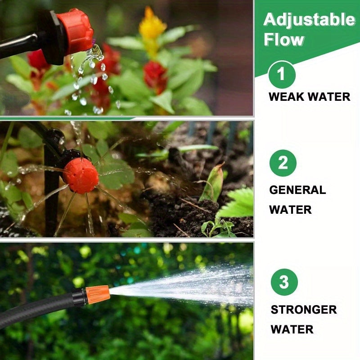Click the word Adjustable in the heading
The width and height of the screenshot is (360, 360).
(309, 20)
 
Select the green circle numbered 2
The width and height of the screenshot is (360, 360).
(283, 162)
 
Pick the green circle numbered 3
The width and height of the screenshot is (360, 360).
(284, 282)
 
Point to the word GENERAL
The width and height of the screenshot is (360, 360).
(297, 190)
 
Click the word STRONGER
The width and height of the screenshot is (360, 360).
(303, 310)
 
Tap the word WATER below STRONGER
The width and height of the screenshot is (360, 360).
(292, 329)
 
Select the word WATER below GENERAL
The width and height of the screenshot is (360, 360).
(290, 210)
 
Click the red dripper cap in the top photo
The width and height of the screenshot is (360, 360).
(76, 31)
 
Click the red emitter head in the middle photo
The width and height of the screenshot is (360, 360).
(81, 175)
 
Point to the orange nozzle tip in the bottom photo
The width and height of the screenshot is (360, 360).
(98, 294)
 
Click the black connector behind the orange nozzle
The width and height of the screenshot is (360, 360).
(79, 298)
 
